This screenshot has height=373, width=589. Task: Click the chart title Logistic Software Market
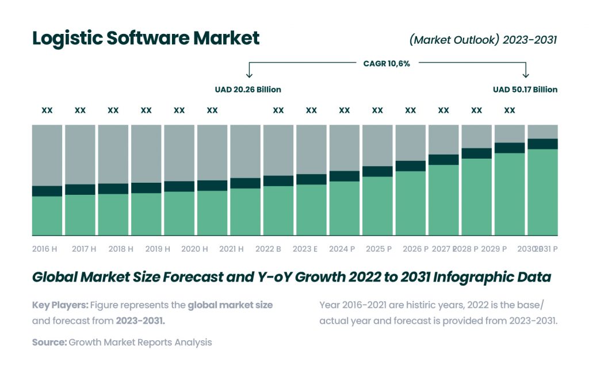pyautogui.click(x=146, y=38)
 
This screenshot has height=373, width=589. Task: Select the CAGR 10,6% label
pyautogui.click(x=387, y=64)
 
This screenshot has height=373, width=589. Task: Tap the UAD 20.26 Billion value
pyautogui.click(x=248, y=90)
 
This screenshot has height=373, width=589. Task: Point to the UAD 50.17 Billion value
pyautogui.click(x=525, y=90)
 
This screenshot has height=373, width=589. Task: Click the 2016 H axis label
pyautogui.click(x=45, y=249)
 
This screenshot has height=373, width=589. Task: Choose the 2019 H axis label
pyautogui.click(x=157, y=249)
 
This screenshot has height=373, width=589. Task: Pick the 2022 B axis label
pyautogui.click(x=268, y=249)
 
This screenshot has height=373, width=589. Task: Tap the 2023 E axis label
pyautogui.click(x=305, y=249)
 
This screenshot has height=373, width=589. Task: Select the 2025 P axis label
pyautogui.click(x=379, y=249)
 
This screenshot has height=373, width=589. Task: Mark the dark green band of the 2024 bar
pyautogui.click(x=344, y=176)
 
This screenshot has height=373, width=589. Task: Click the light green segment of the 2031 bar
pyautogui.click(x=542, y=193)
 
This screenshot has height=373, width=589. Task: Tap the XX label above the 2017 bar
pyautogui.click(x=80, y=110)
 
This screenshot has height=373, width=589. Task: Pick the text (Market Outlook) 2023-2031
pyautogui.click(x=483, y=40)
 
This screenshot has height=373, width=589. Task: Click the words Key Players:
pyautogui.click(x=60, y=305)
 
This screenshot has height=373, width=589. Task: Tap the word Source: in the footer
pyautogui.click(x=49, y=343)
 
